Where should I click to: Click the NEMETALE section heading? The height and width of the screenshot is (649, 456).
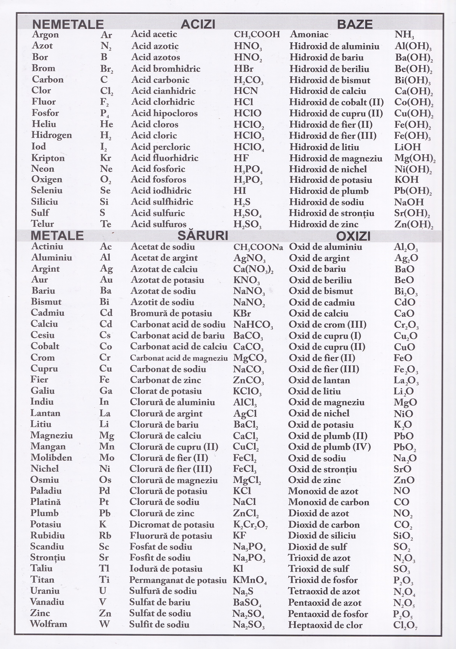[68, 24]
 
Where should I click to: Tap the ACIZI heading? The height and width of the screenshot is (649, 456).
[198, 24]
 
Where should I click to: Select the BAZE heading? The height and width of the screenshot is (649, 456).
[355, 24]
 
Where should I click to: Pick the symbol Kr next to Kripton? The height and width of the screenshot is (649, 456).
[106, 158]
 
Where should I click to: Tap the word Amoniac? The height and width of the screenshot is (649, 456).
[309, 34]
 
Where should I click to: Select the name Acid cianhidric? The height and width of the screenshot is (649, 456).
[163, 91]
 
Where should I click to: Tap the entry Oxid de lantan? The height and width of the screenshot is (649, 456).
[319, 380]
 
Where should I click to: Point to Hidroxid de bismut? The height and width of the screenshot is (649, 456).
[329, 80]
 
